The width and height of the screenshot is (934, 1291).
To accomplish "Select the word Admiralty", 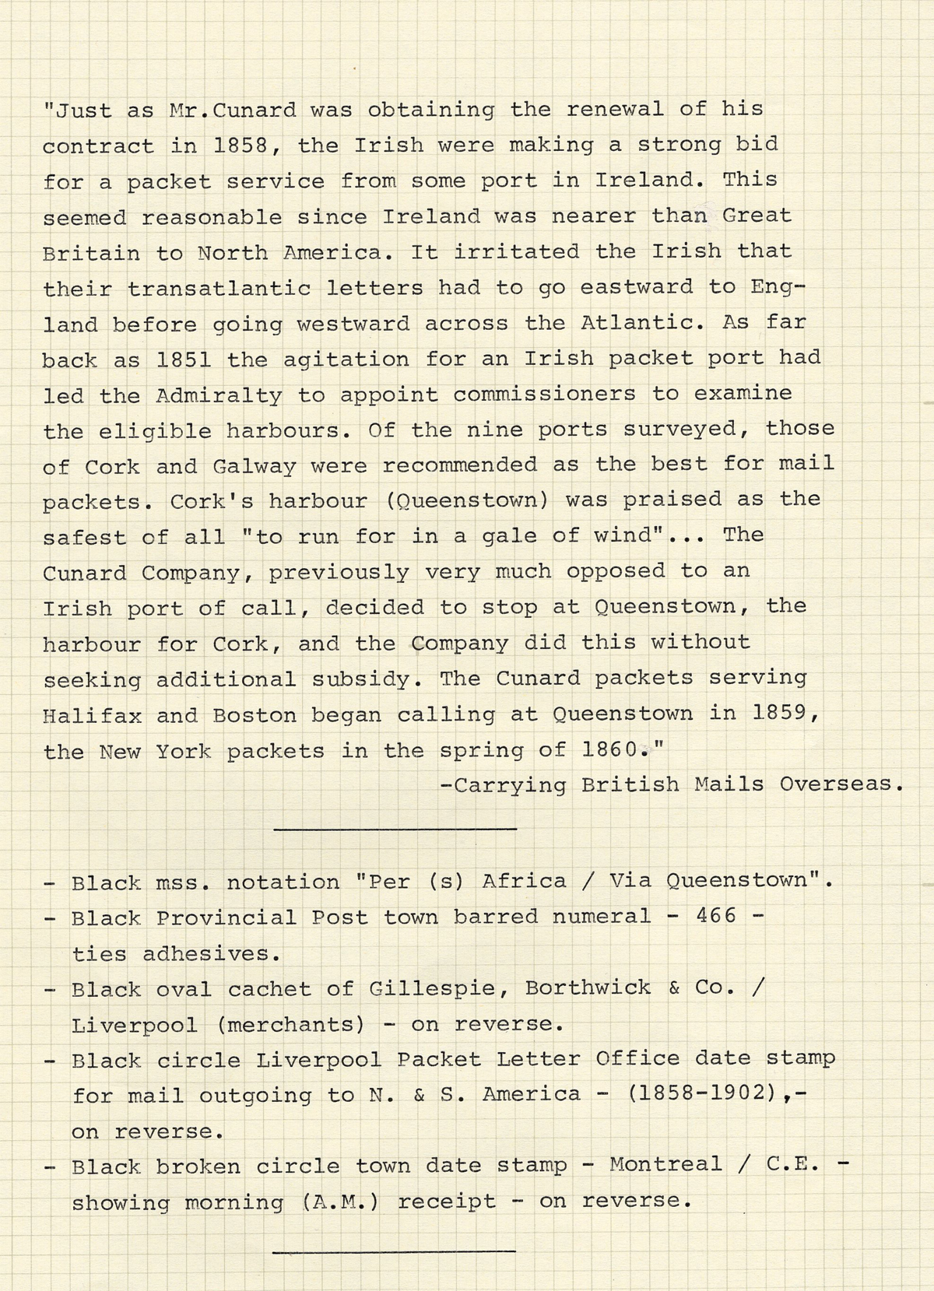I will point(219,396).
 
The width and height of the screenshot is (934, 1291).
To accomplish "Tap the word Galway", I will point(254,467).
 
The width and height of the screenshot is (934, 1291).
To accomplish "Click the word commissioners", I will point(544,395).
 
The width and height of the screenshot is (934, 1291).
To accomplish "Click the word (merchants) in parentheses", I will point(290,1024).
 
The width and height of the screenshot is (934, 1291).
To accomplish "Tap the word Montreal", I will point(665,1165).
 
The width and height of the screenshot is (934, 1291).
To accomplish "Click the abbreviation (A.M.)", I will point(340,1202).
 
